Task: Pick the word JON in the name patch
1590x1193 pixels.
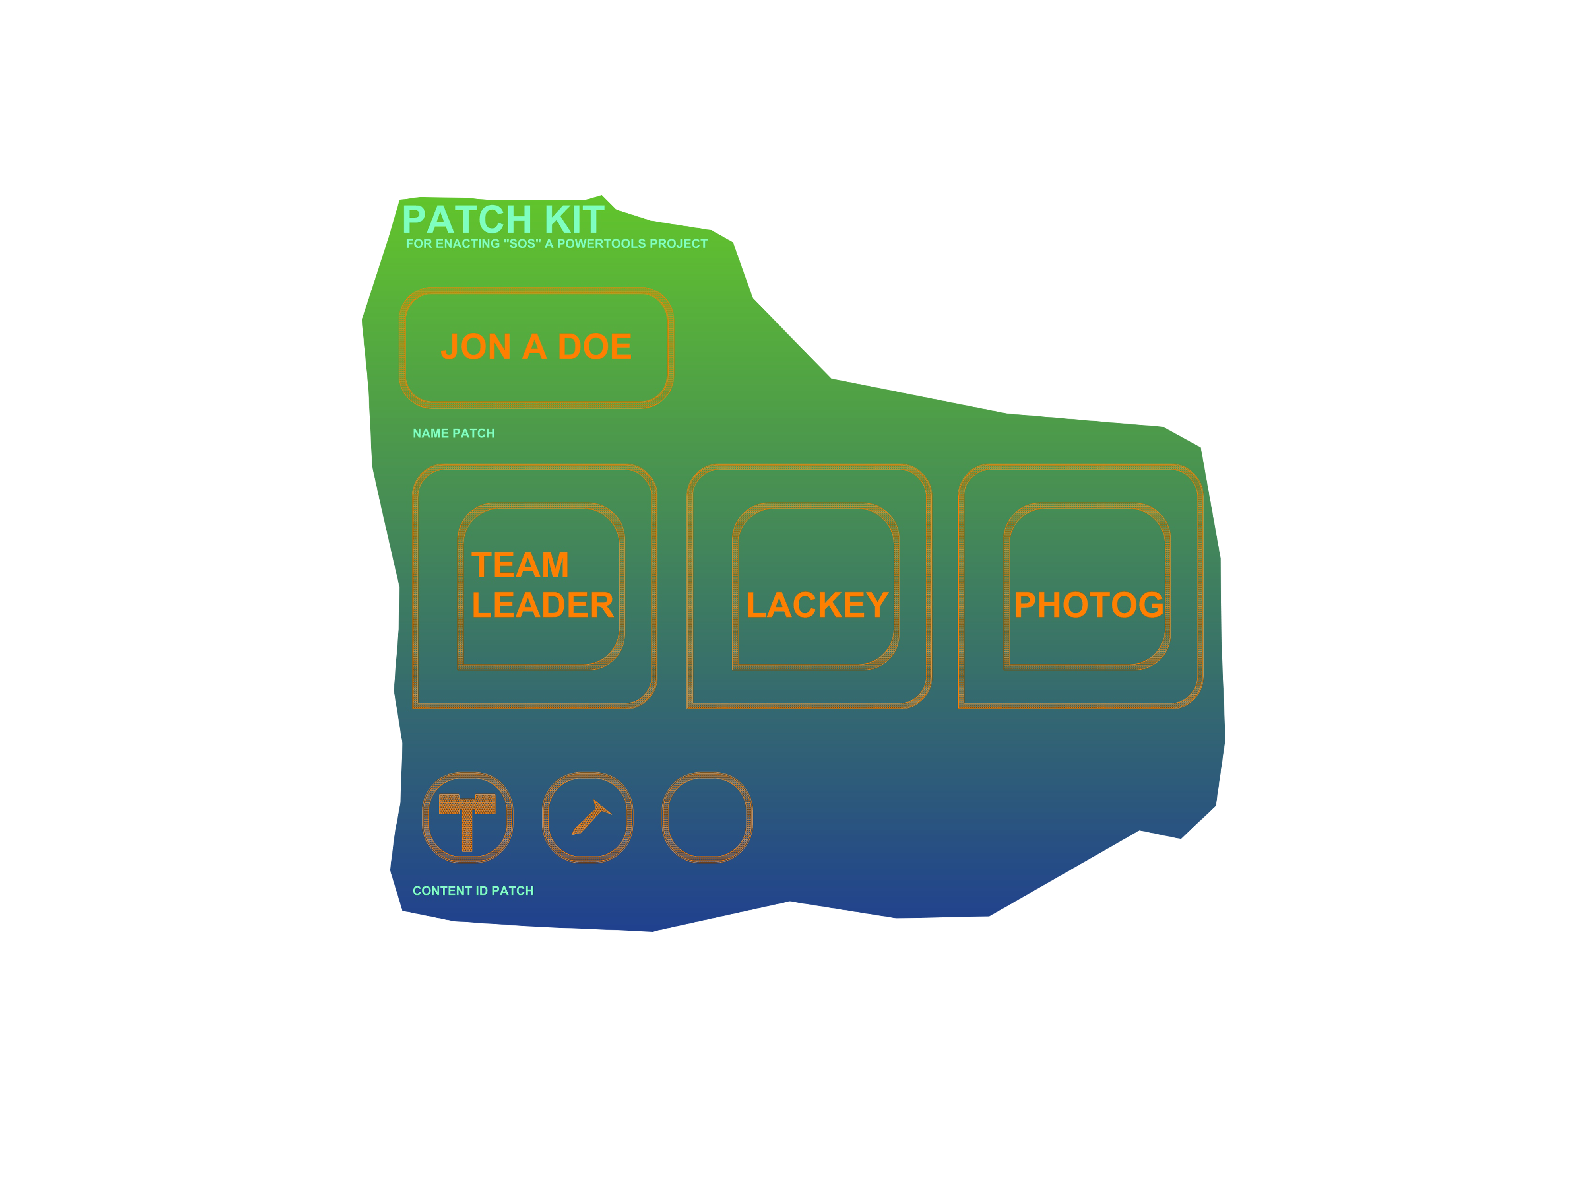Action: pos(476,347)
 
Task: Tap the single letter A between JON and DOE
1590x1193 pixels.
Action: pos(534,347)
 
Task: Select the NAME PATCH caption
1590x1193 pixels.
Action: pos(454,433)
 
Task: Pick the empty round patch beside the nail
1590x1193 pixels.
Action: pos(707,818)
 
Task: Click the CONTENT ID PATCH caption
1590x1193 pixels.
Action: pos(473,891)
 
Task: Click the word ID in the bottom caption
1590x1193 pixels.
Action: pos(482,891)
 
